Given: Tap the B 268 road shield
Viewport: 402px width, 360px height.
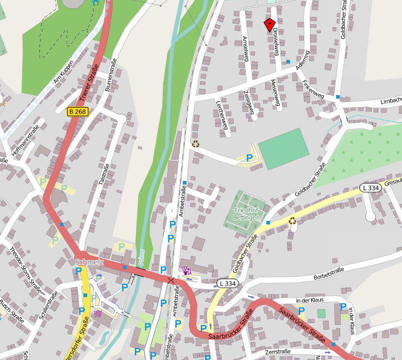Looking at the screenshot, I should pyautogui.click(x=77, y=112).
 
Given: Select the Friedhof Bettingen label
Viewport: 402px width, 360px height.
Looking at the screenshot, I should pyautogui.click(x=247, y=214).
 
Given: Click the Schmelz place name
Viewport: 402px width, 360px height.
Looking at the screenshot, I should pyautogui.click(x=90, y=262).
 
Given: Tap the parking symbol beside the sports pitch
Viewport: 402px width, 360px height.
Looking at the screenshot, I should pyautogui.click(x=249, y=158).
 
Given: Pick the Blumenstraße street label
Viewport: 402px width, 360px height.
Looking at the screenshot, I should pyautogui.click(x=111, y=74).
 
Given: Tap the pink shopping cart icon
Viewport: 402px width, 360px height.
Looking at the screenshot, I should pyautogui.click(x=98, y=313).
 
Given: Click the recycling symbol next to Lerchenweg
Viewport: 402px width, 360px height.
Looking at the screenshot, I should pyautogui.click(x=196, y=144).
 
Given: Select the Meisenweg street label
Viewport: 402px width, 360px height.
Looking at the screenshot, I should pyautogui.click(x=276, y=94).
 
